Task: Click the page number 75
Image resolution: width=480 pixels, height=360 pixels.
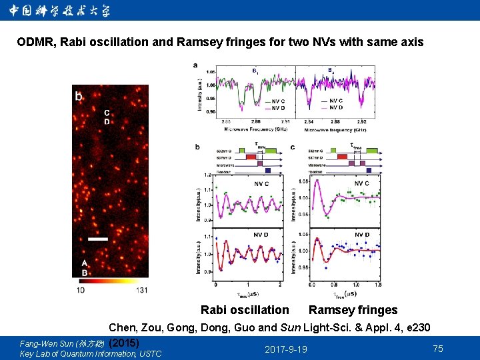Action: [x=438, y=349]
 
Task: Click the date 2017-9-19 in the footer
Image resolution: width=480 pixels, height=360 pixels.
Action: [x=286, y=349]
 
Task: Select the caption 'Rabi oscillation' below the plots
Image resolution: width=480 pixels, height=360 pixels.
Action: [x=245, y=310]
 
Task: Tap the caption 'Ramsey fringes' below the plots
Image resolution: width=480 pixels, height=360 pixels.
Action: [x=353, y=310]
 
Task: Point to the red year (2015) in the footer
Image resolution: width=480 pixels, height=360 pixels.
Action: [x=123, y=342]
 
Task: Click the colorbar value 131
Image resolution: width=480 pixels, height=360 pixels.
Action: [x=141, y=290]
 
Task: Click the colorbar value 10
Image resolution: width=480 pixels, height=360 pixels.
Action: [x=80, y=290]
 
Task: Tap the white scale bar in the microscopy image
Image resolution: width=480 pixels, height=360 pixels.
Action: [x=97, y=238]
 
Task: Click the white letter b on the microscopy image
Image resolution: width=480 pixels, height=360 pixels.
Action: [x=79, y=97]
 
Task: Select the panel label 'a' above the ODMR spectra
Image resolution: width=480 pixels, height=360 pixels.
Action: [x=195, y=65]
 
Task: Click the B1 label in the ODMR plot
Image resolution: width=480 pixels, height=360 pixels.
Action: [x=256, y=71]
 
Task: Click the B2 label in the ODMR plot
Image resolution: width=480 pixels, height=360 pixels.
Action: [x=331, y=71]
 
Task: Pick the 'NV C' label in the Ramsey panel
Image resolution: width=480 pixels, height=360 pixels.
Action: [x=361, y=183]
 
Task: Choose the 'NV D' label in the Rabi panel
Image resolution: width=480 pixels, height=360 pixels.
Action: [x=261, y=235]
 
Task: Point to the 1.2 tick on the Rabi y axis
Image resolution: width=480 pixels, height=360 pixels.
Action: [x=207, y=175]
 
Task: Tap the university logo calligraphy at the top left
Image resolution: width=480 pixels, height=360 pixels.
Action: [x=60, y=11]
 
